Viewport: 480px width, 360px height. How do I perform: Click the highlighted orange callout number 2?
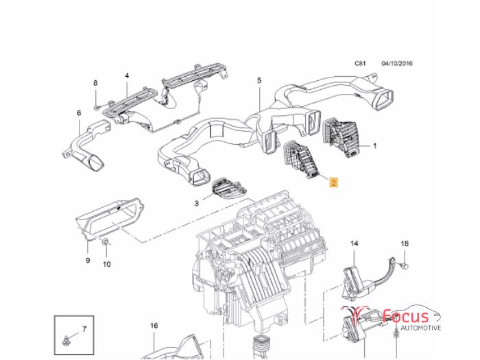pyautogui.click(x=333, y=182)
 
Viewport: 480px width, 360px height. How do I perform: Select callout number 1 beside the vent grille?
pyautogui.click(x=375, y=146)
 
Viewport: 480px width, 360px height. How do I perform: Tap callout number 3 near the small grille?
pyautogui.click(x=196, y=203)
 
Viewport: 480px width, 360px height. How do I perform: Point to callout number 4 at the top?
pyautogui.click(x=127, y=75)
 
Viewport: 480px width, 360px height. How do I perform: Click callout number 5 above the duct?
pyautogui.click(x=259, y=81)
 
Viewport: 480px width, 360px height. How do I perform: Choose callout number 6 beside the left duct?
pyautogui.click(x=79, y=113)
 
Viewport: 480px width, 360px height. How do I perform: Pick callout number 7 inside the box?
pyautogui.click(x=84, y=329)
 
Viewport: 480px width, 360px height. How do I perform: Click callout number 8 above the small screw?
pyautogui.click(x=96, y=84)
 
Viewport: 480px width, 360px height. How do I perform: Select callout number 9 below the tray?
pyautogui.click(x=88, y=260)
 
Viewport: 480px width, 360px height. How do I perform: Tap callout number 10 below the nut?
pyautogui.click(x=106, y=263)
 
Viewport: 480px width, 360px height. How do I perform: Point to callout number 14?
pyautogui.click(x=355, y=243)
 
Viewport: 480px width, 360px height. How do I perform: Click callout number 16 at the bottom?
pyautogui.click(x=154, y=326)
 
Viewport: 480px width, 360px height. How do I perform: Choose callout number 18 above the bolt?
pyautogui.click(x=404, y=243)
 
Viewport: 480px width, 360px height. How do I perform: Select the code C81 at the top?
pyautogui.click(x=360, y=64)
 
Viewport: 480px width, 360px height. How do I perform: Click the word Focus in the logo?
pyautogui.click(x=406, y=316)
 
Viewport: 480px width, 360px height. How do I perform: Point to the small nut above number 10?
pyautogui.click(x=104, y=243)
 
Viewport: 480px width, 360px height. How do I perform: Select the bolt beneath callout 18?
pyautogui.click(x=404, y=263)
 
